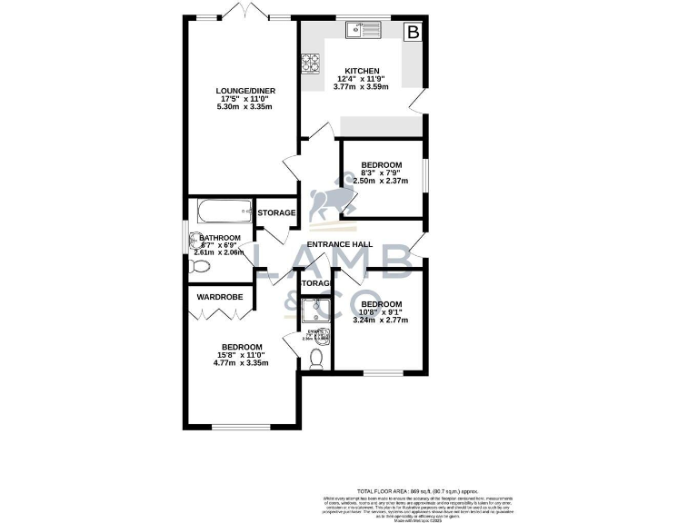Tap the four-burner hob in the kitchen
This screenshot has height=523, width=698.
coord(311,64)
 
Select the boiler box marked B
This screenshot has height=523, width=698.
coord(414,32)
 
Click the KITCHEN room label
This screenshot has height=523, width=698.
coord(362,72)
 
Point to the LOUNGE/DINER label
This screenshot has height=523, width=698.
coord(245,91)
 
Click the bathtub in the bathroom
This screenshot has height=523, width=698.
coord(221,215)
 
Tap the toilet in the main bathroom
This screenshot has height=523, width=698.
coord(201,266)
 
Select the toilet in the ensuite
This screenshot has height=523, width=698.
coord(315,360)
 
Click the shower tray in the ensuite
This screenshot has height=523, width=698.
coord(314,311)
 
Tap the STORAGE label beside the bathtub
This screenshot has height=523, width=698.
coord(276,213)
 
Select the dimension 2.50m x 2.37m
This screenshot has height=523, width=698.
coord(381,180)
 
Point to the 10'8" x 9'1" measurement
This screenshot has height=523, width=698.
coord(381,311)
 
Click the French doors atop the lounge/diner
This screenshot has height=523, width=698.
coord(246,13)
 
